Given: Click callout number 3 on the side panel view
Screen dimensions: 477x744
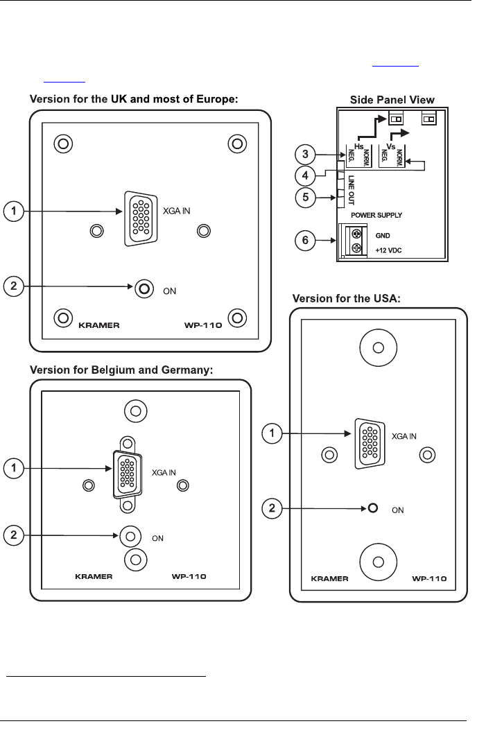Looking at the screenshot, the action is (305, 154).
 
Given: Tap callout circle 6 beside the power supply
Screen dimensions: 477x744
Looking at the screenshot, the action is (305, 241).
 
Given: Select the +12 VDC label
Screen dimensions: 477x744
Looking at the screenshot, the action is (388, 250).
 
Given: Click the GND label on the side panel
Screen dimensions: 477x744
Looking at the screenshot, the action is (383, 235).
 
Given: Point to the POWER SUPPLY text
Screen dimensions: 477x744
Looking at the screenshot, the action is (376, 215).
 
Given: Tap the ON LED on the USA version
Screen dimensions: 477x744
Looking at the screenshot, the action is (373, 508).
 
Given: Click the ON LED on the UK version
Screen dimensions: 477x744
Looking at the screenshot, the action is (144, 288).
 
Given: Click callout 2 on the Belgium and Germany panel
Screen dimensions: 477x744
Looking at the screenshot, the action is (13, 536).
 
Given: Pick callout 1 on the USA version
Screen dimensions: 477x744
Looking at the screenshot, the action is (272, 433).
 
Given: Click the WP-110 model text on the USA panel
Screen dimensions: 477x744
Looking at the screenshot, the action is (429, 578).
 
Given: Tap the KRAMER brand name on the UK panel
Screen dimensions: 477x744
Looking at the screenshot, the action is (98, 325).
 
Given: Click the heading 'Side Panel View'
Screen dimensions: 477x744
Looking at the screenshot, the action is (392, 100).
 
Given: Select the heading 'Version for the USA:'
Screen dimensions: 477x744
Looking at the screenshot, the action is (347, 298).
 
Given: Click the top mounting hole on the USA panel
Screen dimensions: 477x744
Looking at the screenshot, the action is (379, 348).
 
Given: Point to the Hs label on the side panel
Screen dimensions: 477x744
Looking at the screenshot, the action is (359, 146).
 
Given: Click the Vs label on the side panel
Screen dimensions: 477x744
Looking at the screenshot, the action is (390, 146).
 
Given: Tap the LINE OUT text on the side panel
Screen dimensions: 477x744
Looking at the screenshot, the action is (352, 190).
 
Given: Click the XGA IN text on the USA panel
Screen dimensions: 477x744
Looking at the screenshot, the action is (404, 437).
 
